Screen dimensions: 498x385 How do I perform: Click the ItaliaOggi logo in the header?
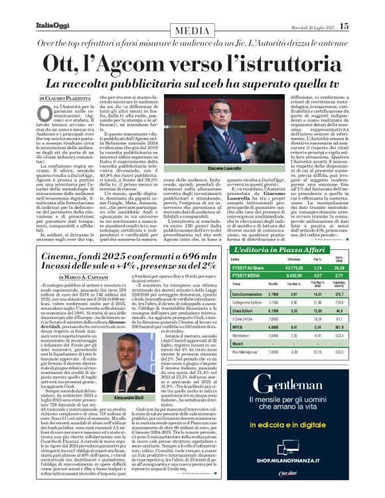(x=48, y=26)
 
